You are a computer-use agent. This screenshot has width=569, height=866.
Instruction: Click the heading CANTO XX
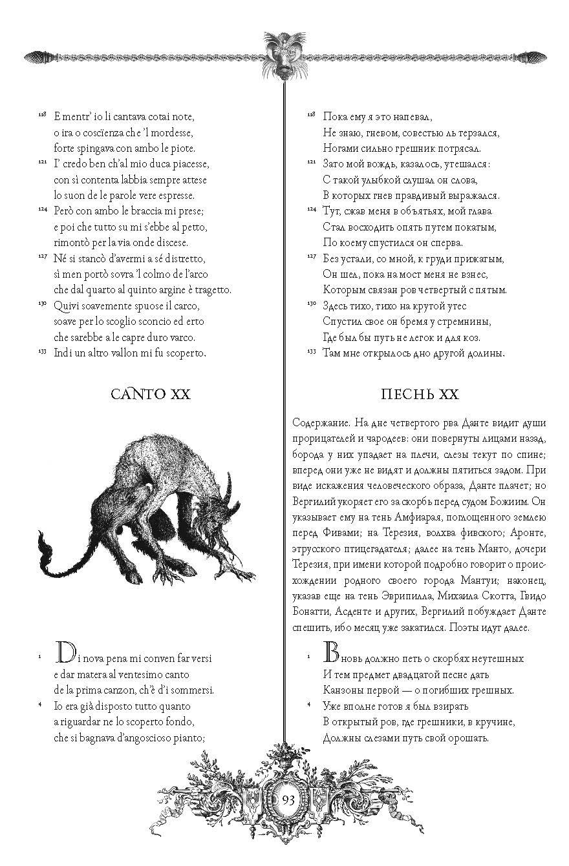[x=150, y=394]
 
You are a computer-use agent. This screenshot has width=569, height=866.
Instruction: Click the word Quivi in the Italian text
[x=68, y=305]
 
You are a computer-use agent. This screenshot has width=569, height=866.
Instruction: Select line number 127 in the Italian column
[x=41, y=256]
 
